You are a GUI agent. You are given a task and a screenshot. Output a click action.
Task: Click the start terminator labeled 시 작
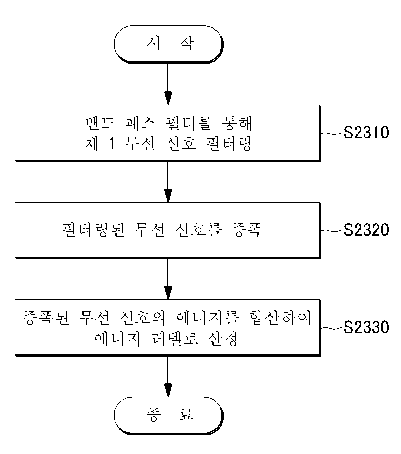[x=168, y=44]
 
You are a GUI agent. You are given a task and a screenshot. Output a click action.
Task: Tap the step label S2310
[x=366, y=133]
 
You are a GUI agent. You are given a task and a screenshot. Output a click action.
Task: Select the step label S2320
[x=366, y=230]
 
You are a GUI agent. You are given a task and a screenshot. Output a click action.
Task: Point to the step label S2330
[x=366, y=327]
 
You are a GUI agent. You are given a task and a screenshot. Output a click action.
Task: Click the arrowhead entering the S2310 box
[x=168, y=98]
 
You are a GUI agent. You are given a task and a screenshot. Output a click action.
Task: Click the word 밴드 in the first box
[x=101, y=123]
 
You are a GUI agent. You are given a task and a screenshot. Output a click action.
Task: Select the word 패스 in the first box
[x=141, y=123]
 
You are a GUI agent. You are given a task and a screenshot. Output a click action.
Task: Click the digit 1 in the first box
[x=112, y=144]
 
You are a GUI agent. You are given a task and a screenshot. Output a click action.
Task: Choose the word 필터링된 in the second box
[x=93, y=230]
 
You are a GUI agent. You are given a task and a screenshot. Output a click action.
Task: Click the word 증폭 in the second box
[x=247, y=230]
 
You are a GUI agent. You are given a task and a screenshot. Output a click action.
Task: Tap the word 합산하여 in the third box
[x=280, y=318]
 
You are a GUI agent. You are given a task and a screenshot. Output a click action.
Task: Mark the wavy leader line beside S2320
[x=332, y=230]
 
